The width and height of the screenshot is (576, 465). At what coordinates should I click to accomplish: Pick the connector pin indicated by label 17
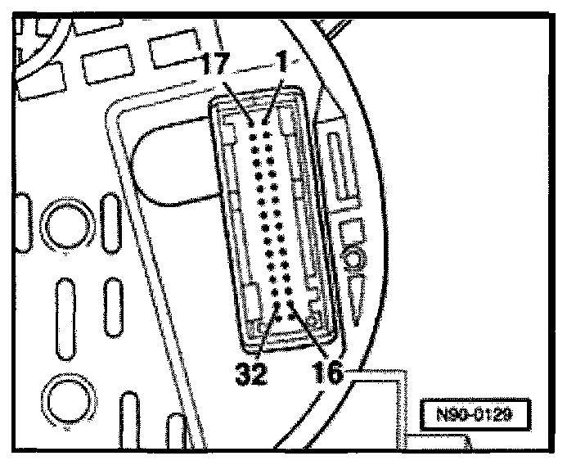(253, 123)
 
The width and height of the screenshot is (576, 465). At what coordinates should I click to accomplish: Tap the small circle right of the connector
(353, 261)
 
